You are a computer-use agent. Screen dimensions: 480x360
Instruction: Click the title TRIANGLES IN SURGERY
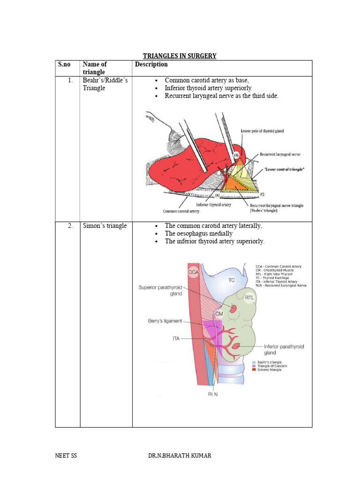coord(180,56)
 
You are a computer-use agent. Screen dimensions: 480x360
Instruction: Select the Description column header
coord(151,65)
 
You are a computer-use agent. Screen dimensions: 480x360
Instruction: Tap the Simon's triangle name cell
coord(104,226)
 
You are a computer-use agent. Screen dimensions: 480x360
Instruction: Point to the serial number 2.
coord(70,226)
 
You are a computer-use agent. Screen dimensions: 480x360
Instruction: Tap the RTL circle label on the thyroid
coord(249,296)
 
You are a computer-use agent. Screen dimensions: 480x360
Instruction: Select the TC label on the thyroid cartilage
coord(232,280)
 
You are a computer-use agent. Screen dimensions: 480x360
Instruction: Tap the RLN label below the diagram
coord(214,394)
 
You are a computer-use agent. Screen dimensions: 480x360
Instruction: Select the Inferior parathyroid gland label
coord(284,349)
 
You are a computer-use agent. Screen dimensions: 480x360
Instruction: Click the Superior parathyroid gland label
coord(160,291)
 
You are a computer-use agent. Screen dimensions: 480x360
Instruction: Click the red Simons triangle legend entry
coord(268,370)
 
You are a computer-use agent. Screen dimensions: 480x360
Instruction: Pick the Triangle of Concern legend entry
coord(269,366)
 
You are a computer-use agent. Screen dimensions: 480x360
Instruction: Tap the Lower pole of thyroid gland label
coord(262,131)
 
